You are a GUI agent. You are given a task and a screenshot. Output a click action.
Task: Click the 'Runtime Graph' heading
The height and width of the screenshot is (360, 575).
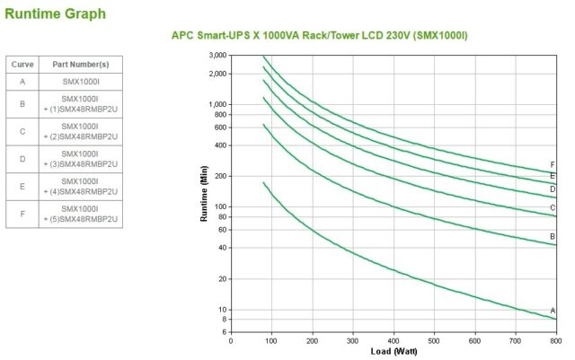click(55, 13)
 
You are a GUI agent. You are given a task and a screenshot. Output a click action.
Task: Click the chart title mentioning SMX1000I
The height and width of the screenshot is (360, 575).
click(319, 35)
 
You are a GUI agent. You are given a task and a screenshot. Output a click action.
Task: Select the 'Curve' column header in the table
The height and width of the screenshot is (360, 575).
click(22, 65)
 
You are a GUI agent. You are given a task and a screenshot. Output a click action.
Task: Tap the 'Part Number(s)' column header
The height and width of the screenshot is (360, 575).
click(80, 65)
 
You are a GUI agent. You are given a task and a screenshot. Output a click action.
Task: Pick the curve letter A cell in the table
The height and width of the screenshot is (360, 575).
click(22, 82)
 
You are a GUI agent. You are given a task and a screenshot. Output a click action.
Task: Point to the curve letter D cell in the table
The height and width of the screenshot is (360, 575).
click(22, 159)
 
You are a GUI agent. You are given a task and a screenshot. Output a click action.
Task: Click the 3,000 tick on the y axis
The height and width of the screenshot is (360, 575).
click(216, 56)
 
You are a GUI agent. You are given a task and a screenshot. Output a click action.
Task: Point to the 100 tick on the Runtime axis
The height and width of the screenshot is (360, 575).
click(218, 206)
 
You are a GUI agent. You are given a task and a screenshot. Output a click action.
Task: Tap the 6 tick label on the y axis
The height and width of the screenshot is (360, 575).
click(224, 332)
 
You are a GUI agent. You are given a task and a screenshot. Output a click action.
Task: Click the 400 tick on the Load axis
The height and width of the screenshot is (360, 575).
click(393, 341)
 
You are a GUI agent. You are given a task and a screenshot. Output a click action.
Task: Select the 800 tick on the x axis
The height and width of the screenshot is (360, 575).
click(554, 341)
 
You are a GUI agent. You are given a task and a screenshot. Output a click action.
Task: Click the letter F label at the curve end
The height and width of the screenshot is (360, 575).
click(553, 165)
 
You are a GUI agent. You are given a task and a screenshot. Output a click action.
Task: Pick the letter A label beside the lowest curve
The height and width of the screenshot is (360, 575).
click(553, 311)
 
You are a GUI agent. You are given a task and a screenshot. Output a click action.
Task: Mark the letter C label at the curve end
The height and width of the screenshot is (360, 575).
click(553, 208)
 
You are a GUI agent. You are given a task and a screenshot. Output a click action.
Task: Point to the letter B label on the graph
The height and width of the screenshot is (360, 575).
click(553, 236)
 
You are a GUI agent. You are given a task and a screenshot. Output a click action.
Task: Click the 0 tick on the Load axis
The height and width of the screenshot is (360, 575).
click(231, 341)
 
